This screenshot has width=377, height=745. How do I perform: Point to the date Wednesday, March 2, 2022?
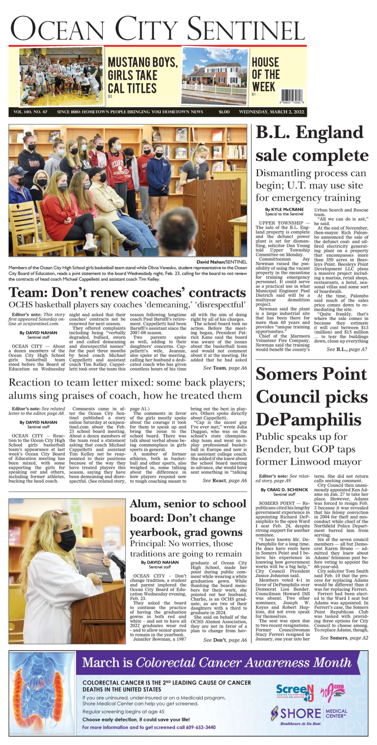point(271,112)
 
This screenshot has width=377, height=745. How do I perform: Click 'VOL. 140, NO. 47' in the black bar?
point(30,112)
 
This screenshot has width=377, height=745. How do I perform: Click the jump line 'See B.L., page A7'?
point(347,349)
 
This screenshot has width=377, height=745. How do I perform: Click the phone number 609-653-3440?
point(199,727)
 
